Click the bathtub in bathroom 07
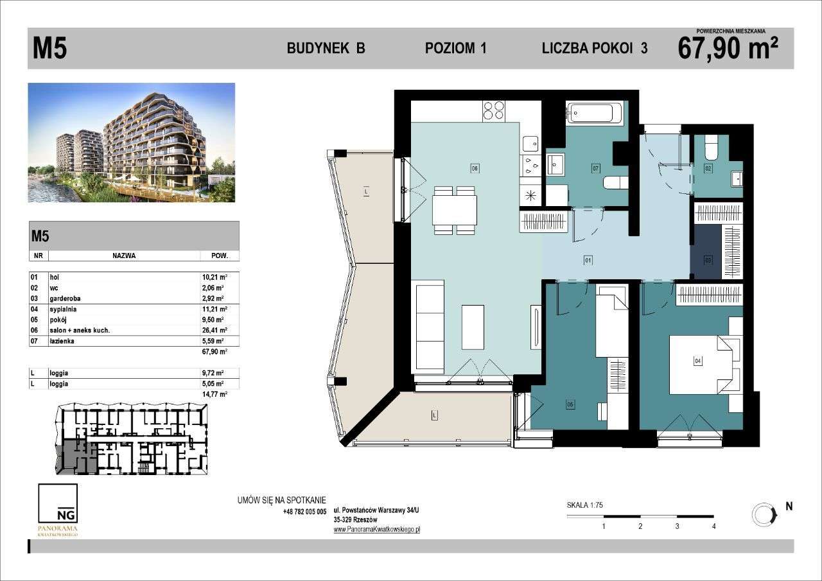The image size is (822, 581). (x=595, y=114)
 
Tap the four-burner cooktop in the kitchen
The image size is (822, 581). (x=493, y=111)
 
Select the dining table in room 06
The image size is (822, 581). (x=455, y=210)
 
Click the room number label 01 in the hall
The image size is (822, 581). (x=587, y=261)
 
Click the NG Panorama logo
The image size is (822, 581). (x=58, y=510)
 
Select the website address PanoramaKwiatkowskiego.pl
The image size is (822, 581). (x=376, y=530)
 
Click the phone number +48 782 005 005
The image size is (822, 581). (x=304, y=512)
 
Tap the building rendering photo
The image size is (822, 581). (x=132, y=143)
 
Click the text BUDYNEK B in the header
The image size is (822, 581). (x=326, y=49)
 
